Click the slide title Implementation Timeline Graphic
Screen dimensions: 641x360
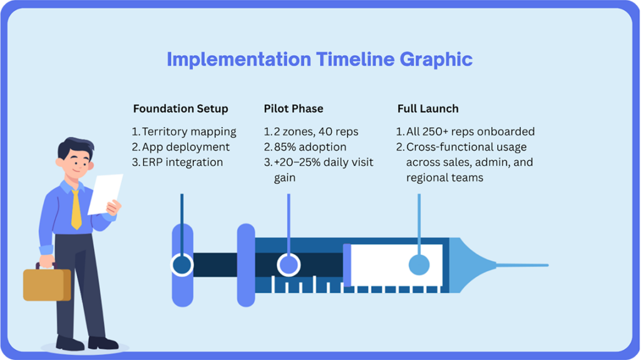point(320,59)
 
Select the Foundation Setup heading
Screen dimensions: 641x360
point(181,109)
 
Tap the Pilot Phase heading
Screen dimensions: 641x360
point(294,109)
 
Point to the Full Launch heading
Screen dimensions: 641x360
point(428,109)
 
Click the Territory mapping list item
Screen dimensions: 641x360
point(189,132)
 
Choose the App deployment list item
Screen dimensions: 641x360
point(185,147)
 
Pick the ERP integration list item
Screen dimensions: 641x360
point(182,162)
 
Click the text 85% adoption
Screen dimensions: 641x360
point(310,147)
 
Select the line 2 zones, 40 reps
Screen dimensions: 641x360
point(316,131)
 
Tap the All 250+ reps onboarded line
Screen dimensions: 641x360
point(471,131)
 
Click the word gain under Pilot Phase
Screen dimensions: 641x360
point(285,178)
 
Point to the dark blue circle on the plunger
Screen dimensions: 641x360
point(182,265)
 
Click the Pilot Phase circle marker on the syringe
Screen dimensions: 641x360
point(289,265)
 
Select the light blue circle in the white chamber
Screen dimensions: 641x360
point(419,265)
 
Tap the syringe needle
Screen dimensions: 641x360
point(523,265)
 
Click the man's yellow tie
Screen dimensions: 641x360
point(76,210)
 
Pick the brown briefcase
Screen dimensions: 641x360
point(46,284)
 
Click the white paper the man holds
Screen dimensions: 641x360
point(105,194)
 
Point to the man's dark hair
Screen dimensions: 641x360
point(75,147)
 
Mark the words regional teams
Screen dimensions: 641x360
point(445,178)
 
